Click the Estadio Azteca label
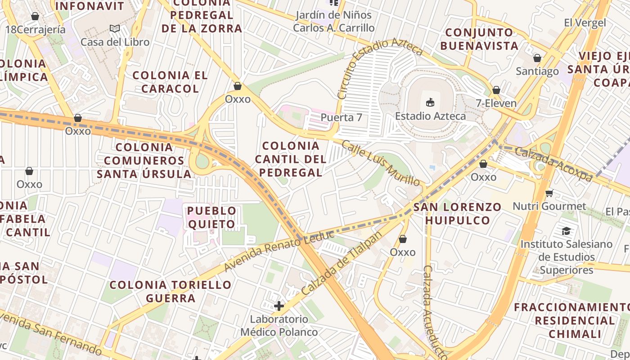pos(430,116)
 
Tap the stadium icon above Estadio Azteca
pos(430,102)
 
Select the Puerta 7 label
pos(341,117)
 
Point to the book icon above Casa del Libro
pos(115,29)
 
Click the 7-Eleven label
pos(496,103)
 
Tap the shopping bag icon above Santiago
pos(537,58)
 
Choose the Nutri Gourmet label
pos(549,207)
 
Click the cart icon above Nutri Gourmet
pos(549,193)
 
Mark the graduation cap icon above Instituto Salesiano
pos(566,231)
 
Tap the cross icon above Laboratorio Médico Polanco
pos(279,306)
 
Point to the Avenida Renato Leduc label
pos(279,250)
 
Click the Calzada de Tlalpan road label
pos(342,263)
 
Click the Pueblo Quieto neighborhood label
pos(211,217)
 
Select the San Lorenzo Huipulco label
pos(457,214)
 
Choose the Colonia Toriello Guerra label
pos(171,291)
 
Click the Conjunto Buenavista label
pos(479,39)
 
